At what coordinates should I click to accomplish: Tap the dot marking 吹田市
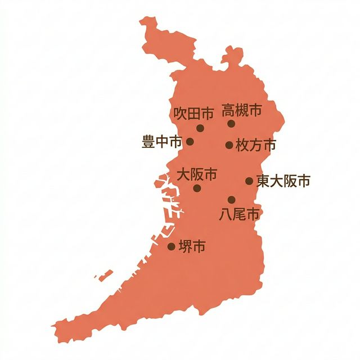point(200,128)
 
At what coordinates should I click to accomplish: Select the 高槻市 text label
point(241,110)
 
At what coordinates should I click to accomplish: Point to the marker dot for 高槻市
point(231,124)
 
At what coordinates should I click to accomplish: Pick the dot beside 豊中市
point(190,142)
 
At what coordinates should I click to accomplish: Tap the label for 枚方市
point(256,145)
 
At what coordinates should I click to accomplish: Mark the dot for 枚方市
point(229,145)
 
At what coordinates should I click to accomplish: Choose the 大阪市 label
point(197,174)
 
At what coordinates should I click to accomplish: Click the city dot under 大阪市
point(197,188)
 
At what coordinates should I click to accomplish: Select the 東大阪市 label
point(283,181)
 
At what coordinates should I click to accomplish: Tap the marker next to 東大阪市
point(249,181)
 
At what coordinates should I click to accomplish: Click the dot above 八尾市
point(231,200)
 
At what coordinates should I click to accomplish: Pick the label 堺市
point(191,246)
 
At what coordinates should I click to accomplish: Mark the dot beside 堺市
point(172,246)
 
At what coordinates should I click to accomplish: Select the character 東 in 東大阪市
point(263,181)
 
